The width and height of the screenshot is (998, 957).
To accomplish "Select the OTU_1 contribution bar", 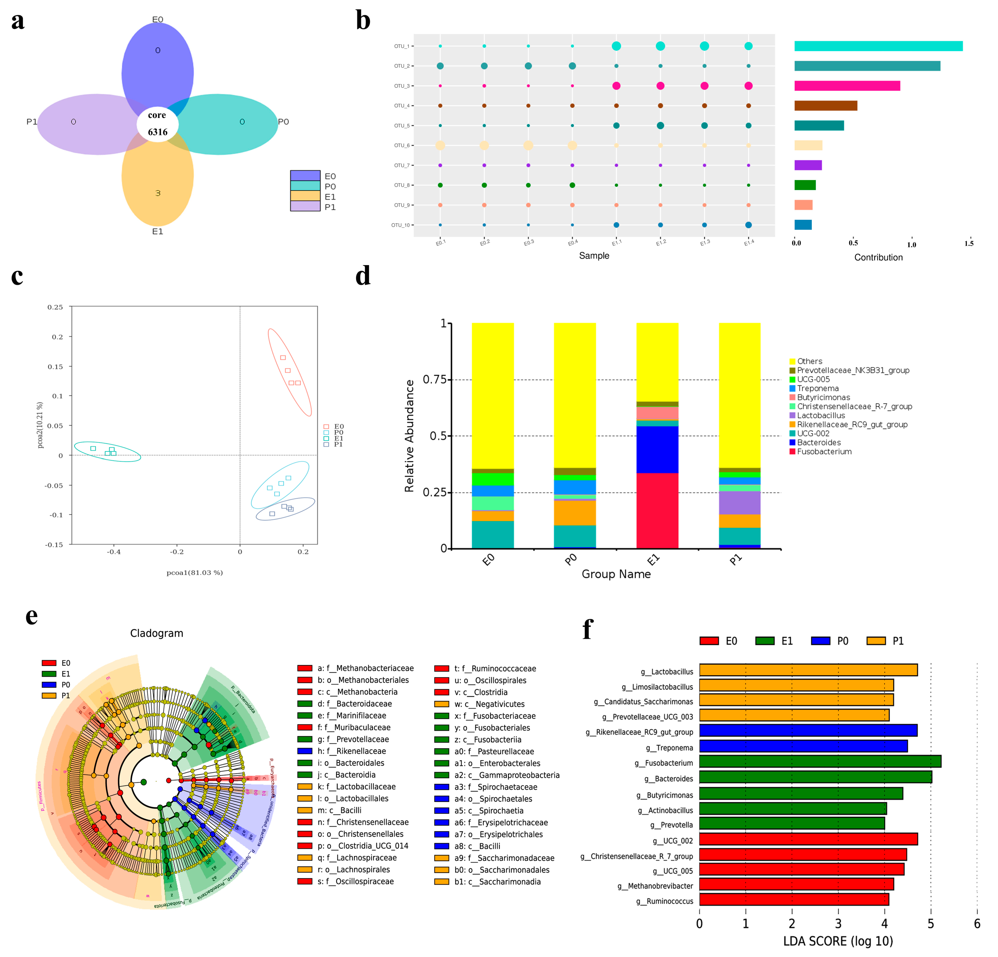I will click(878, 46).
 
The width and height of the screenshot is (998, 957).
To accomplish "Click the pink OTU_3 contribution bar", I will click(847, 86).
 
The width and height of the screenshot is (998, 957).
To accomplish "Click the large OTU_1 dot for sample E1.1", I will click(616, 46).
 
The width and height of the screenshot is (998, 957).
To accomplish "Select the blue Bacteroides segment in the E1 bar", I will click(657, 449).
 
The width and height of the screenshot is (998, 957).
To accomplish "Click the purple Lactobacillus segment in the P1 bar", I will click(739, 503).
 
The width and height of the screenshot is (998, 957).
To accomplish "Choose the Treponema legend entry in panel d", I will click(817, 388).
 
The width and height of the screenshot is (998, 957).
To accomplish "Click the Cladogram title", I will click(156, 633).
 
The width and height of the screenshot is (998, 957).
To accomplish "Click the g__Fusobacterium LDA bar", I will click(820, 761).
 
